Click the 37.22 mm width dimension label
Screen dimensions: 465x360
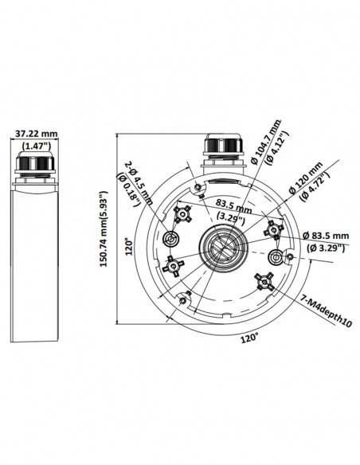pos(37,133)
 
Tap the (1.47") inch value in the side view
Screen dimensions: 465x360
pos(36,146)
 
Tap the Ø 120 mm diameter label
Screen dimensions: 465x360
pos(307,185)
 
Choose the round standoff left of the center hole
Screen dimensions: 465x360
pos(170,239)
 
